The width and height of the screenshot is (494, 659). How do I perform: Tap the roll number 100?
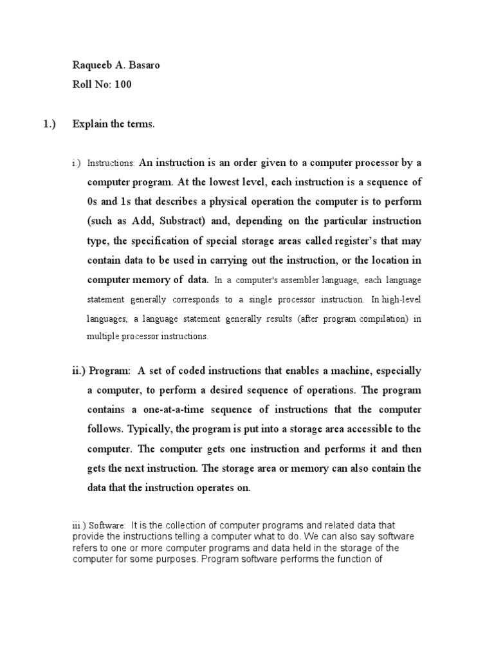coord(123,84)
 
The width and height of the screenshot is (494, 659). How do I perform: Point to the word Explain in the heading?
coord(89,124)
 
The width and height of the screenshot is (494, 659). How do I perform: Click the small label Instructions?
coord(111,164)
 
